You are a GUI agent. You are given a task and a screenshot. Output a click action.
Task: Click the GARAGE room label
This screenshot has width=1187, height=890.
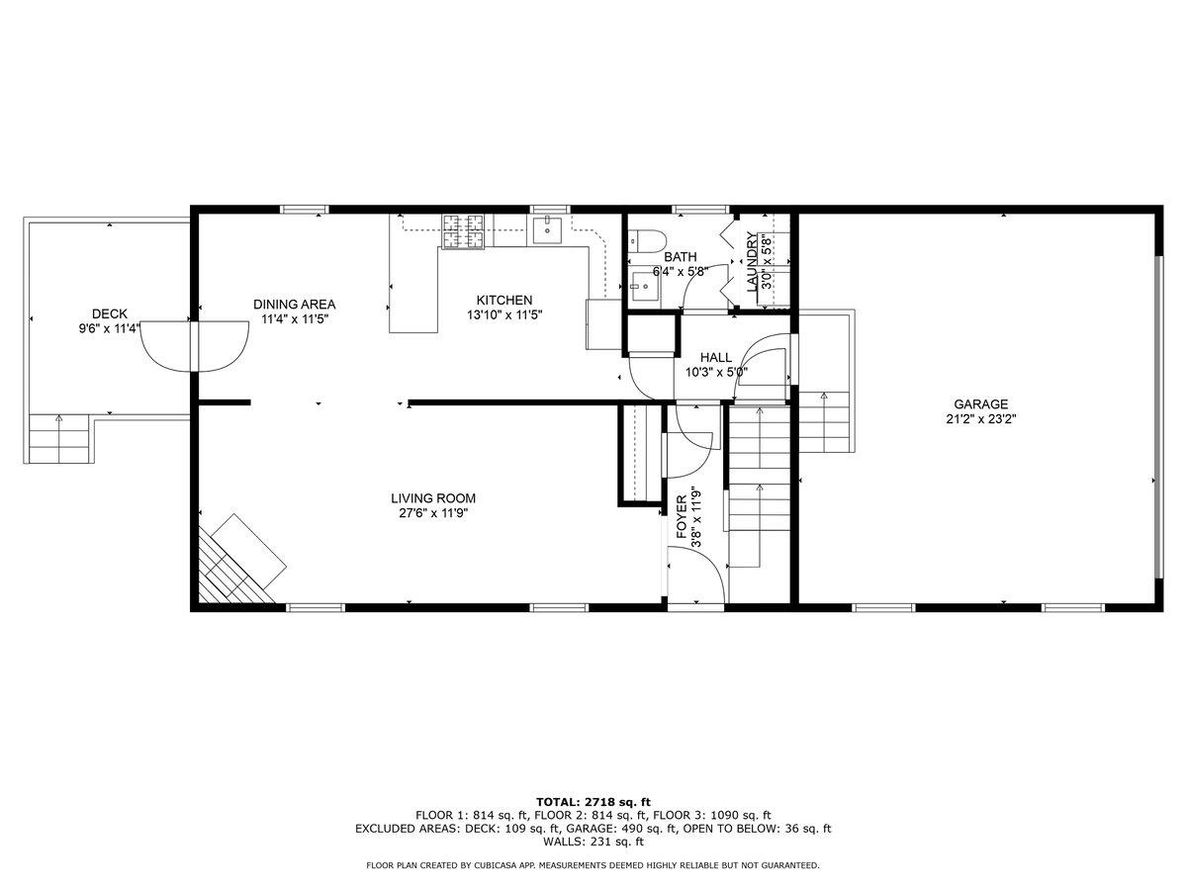coord(980,404)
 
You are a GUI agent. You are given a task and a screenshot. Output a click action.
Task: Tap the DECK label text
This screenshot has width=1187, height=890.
coord(110,313)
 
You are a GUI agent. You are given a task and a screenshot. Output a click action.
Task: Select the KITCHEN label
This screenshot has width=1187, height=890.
coord(504,301)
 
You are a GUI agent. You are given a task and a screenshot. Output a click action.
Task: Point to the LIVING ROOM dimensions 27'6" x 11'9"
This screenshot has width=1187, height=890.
coord(433,513)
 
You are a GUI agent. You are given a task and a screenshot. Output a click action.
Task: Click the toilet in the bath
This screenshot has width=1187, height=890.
coord(646,240)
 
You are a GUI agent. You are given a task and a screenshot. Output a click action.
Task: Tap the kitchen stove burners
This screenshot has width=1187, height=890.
coord(462,231)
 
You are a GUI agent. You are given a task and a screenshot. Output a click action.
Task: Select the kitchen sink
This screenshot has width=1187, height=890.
coord(547,229)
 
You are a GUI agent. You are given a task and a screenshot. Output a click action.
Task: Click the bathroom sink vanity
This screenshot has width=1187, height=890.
coord(644,287)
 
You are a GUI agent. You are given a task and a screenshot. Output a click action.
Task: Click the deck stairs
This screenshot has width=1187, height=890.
coord(59,438)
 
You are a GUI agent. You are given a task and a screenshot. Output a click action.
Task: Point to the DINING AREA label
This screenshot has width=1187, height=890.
coord(294,305)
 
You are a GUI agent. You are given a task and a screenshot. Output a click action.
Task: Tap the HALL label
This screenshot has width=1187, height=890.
coord(716,358)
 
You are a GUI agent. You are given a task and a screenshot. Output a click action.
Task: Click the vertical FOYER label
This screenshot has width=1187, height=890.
coord(682,517)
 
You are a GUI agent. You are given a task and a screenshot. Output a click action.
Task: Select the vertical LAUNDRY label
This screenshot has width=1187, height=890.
coord(752,262)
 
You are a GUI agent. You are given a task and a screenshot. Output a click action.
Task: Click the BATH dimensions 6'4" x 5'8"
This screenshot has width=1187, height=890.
coord(681,271)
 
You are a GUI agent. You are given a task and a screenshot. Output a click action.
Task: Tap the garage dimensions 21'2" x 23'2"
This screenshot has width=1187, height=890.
coord(981,418)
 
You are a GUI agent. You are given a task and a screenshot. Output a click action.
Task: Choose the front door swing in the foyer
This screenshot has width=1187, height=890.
coord(696,575)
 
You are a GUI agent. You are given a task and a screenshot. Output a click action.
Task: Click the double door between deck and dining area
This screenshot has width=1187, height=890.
coord(195,346)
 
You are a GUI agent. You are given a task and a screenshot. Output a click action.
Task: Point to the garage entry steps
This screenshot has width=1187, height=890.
coord(824,422)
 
